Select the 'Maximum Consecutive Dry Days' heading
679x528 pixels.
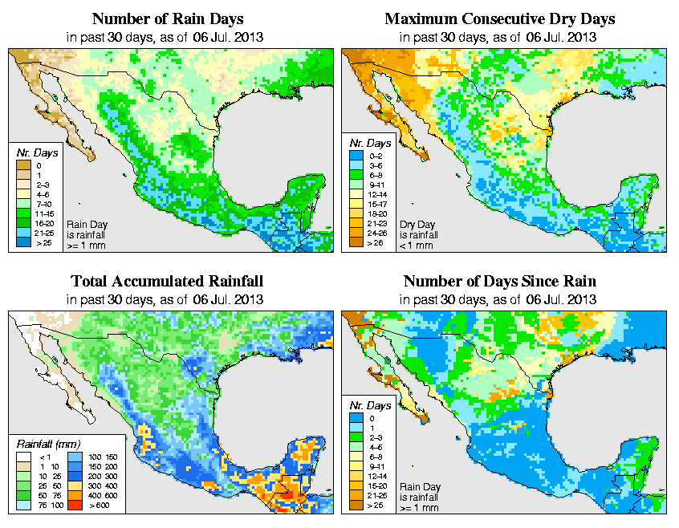499,18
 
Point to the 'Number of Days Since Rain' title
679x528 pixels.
499,281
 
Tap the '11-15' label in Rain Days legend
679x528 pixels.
43,214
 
